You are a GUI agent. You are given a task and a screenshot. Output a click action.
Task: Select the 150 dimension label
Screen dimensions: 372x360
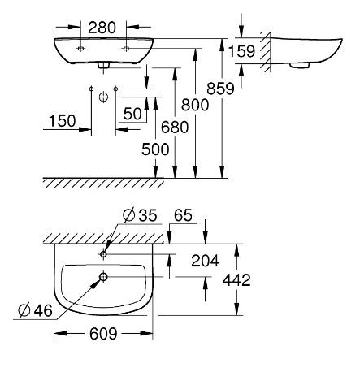pyautogui.click(x=62, y=121)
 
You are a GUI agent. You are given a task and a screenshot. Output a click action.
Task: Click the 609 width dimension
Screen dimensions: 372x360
pyautogui.click(x=102, y=333)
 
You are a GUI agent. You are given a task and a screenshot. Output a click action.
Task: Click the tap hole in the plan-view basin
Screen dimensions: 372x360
pyautogui.click(x=103, y=253)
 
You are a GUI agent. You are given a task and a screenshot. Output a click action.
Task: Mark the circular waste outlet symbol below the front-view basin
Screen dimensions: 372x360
pyautogui.click(x=103, y=97)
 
